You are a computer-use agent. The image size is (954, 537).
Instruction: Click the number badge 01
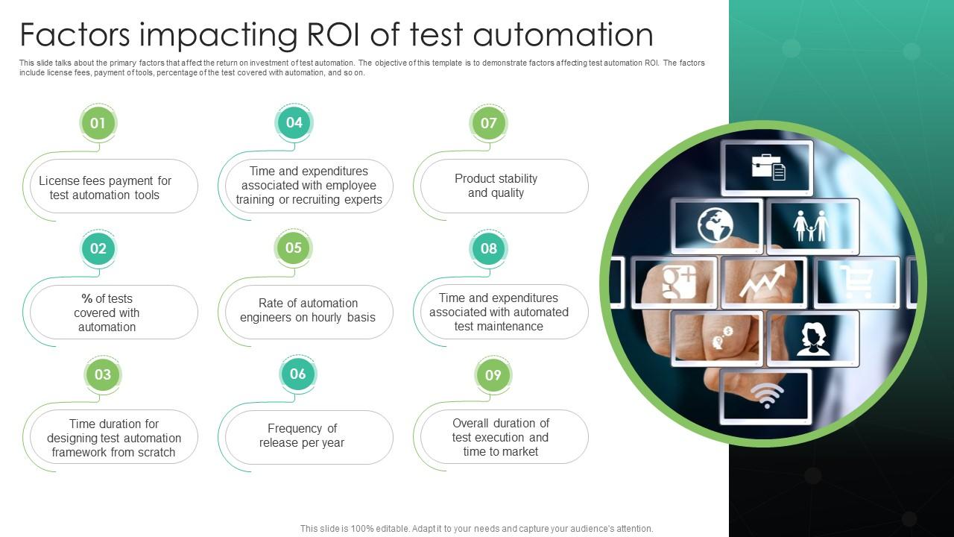(98, 123)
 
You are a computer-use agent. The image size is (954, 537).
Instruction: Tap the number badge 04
(294, 123)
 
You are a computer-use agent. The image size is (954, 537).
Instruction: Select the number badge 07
(489, 123)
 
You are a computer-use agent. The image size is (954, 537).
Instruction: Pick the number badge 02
(98, 248)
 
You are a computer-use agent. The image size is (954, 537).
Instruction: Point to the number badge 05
(294, 248)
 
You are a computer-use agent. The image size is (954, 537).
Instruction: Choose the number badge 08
(489, 248)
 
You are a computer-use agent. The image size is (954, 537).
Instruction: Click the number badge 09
(493, 374)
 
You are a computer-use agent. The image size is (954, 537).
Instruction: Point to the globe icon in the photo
(715, 225)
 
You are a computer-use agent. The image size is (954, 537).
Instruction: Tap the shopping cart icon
(856, 282)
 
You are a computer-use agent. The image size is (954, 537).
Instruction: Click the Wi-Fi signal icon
(766, 395)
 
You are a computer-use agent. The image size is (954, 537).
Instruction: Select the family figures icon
(811, 224)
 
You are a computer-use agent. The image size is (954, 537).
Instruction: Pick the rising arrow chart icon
(762, 282)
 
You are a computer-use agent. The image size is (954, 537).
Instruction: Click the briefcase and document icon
(768, 166)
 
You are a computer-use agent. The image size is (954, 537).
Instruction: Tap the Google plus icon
(678, 282)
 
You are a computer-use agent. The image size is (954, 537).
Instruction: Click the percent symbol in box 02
(87, 298)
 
